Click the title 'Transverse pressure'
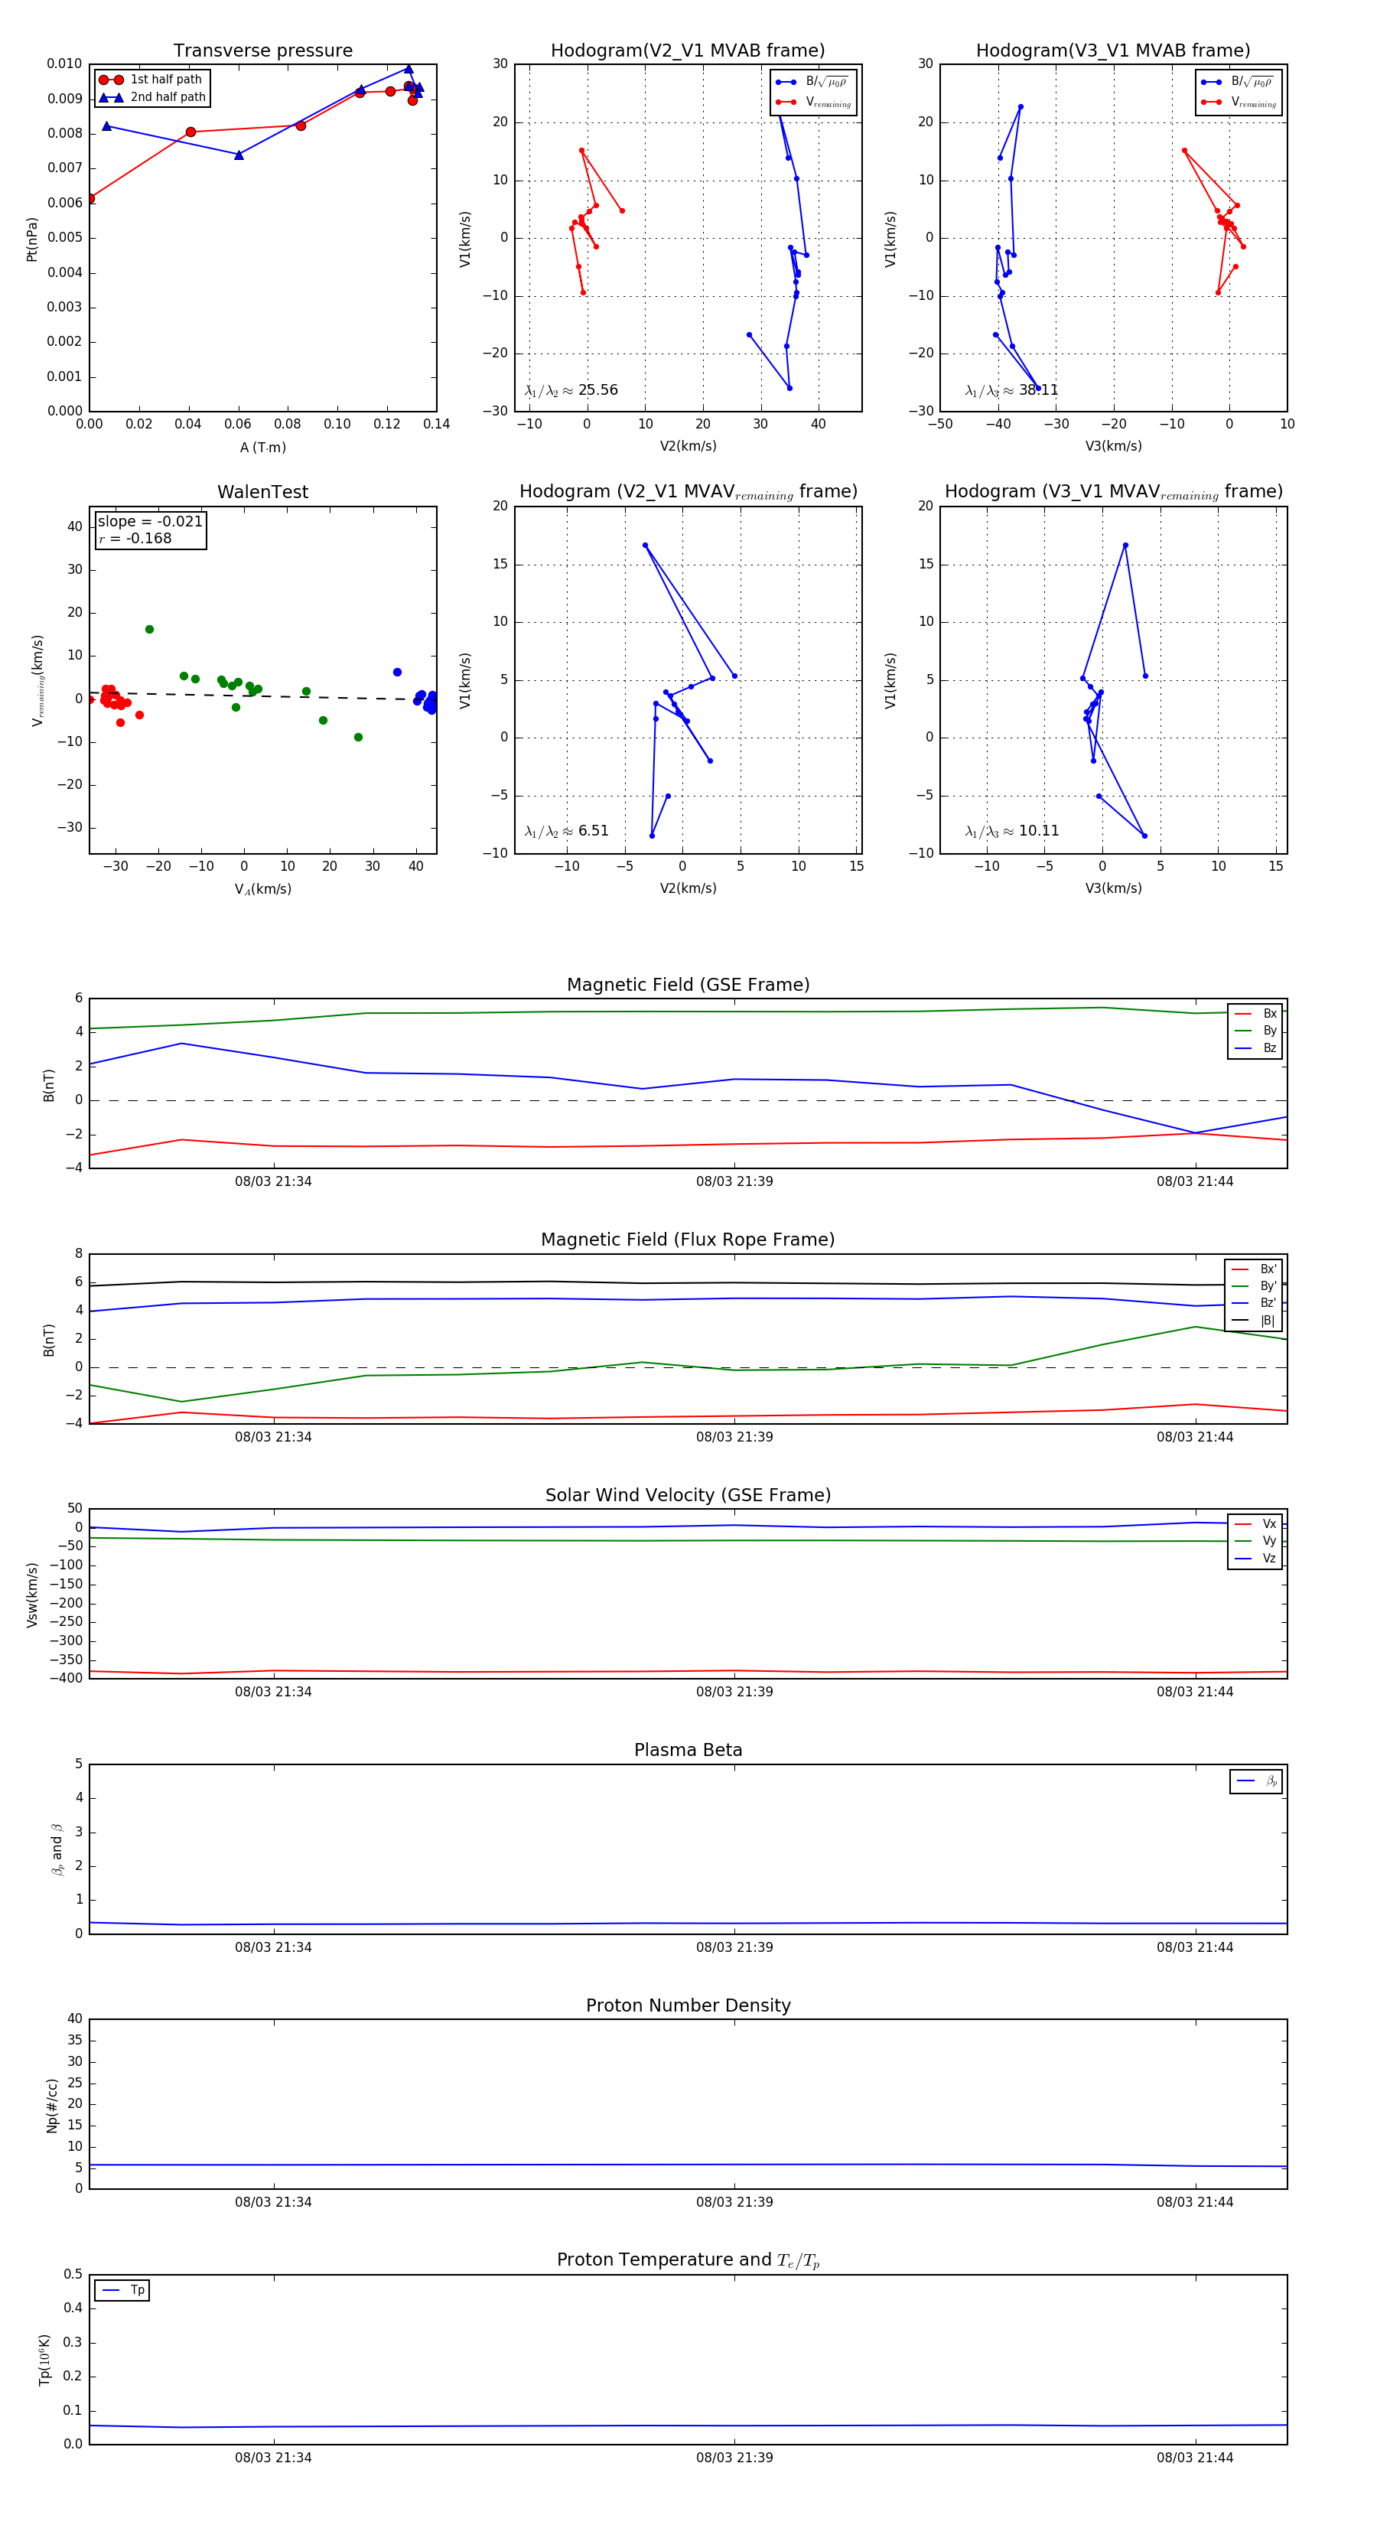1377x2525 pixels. point(262,51)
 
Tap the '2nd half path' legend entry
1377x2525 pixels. point(168,97)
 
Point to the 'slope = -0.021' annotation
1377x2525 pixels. point(150,522)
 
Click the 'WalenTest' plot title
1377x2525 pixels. point(262,492)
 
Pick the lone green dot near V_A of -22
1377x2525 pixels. point(149,629)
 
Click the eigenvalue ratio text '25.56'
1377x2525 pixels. point(597,390)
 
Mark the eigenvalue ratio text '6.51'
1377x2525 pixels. point(593,831)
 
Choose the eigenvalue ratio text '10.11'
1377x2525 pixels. point(1038,831)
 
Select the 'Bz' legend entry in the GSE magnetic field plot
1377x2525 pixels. point(1269,1047)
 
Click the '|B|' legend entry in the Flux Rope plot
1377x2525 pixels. point(1268,1321)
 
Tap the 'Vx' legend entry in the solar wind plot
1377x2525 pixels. point(1269,1524)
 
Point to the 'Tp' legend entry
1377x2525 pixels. point(137,2291)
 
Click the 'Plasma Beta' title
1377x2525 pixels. point(688,1751)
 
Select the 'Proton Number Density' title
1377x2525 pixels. point(688,2005)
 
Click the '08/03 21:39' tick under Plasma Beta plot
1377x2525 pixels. point(734,1947)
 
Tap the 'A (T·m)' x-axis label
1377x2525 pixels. point(262,448)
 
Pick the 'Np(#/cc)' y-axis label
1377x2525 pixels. point(52,2106)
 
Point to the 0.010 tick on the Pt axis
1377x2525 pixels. point(65,64)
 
